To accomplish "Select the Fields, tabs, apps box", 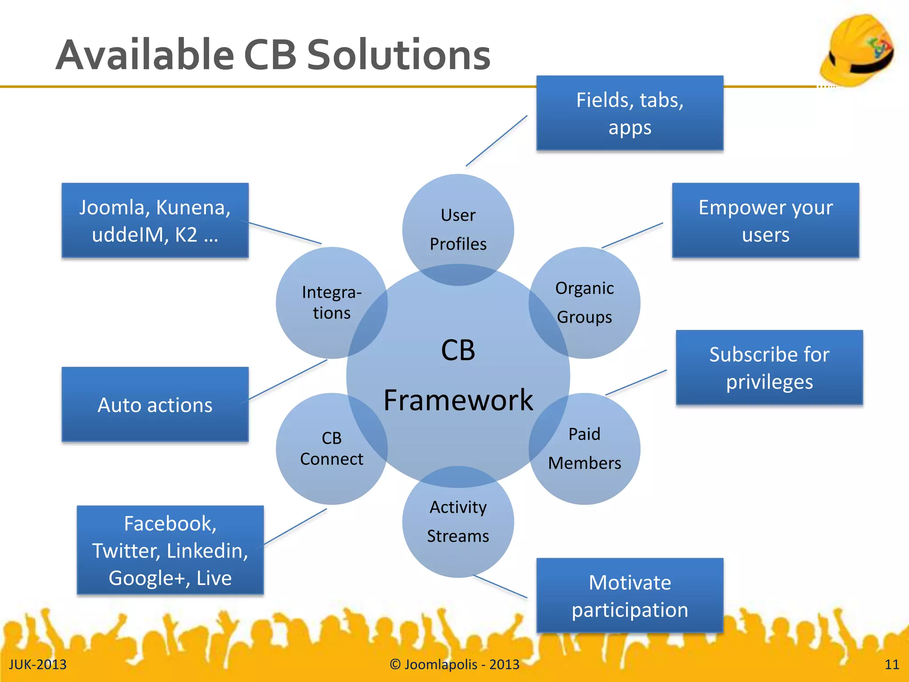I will point(629,113).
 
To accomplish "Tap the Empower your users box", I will point(765,221).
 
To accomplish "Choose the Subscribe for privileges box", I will point(769,368).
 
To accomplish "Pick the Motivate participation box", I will point(629,595).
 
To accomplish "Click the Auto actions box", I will point(155,404).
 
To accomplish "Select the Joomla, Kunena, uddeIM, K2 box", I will point(155,221).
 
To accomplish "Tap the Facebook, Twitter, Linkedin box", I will point(170,550).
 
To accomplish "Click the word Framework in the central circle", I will point(458,400).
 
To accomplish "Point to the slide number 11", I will point(891,664).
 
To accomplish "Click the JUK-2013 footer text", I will point(38,664).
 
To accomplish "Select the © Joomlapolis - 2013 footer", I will point(454,664).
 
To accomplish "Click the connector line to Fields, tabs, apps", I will point(496,141).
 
